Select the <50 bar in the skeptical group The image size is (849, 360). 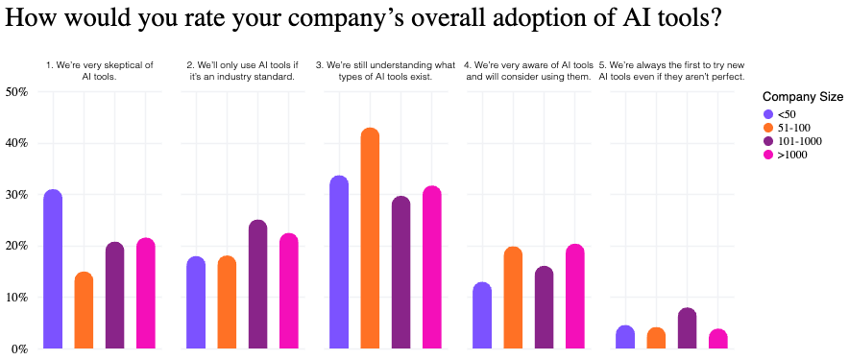tap(53, 270)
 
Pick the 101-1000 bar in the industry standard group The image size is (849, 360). tap(257, 284)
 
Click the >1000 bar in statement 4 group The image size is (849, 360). tap(574, 297)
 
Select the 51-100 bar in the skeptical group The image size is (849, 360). tap(84, 311)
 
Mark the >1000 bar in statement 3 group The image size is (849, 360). tap(431, 268)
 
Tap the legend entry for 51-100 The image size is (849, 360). tap(793, 128)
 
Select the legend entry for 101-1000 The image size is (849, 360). tap(797, 141)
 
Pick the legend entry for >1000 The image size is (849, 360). tap(793, 155)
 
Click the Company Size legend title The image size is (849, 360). tap(802, 97)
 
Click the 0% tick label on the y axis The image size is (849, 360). tap(19, 349)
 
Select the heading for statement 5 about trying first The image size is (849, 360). tap(671, 70)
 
